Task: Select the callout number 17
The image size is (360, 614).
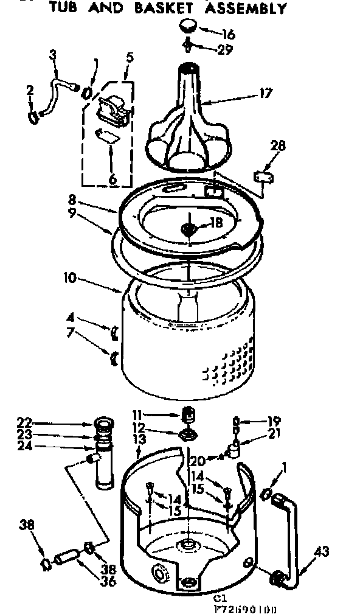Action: point(266,93)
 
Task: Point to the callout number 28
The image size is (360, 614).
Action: point(278,146)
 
